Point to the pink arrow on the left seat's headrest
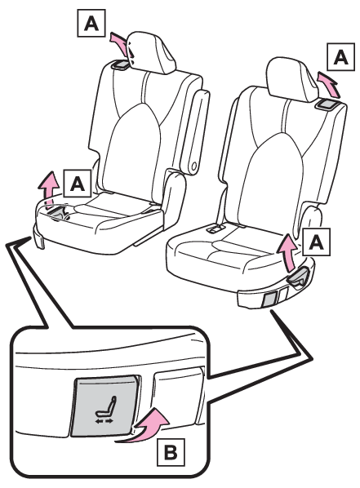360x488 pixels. [x=120, y=42]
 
